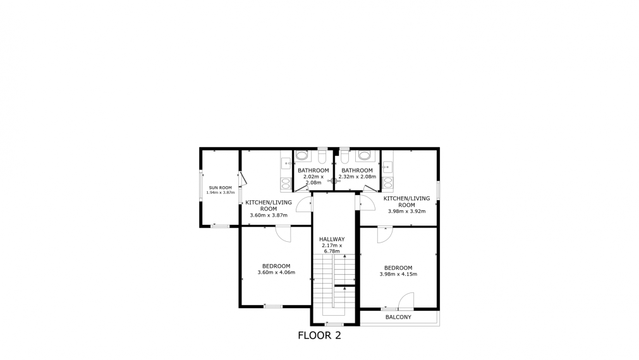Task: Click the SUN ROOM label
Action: (x=221, y=188)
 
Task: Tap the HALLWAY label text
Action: (x=332, y=239)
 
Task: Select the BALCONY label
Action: (x=398, y=317)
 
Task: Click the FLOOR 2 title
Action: (x=319, y=335)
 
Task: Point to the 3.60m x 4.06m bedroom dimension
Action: (x=276, y=272)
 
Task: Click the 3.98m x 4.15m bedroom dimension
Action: (x=398, y=274)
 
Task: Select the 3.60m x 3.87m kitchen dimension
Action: (x=269, y=215)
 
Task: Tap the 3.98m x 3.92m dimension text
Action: (x=406, y=212)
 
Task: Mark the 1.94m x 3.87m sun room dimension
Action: (x=221, y=193)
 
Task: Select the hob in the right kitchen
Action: (x=387, y=183)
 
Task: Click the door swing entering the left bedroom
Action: (x=283, y=233)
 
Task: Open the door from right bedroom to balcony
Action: (x=406, y=301)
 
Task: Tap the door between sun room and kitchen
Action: (x=241, y=180)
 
